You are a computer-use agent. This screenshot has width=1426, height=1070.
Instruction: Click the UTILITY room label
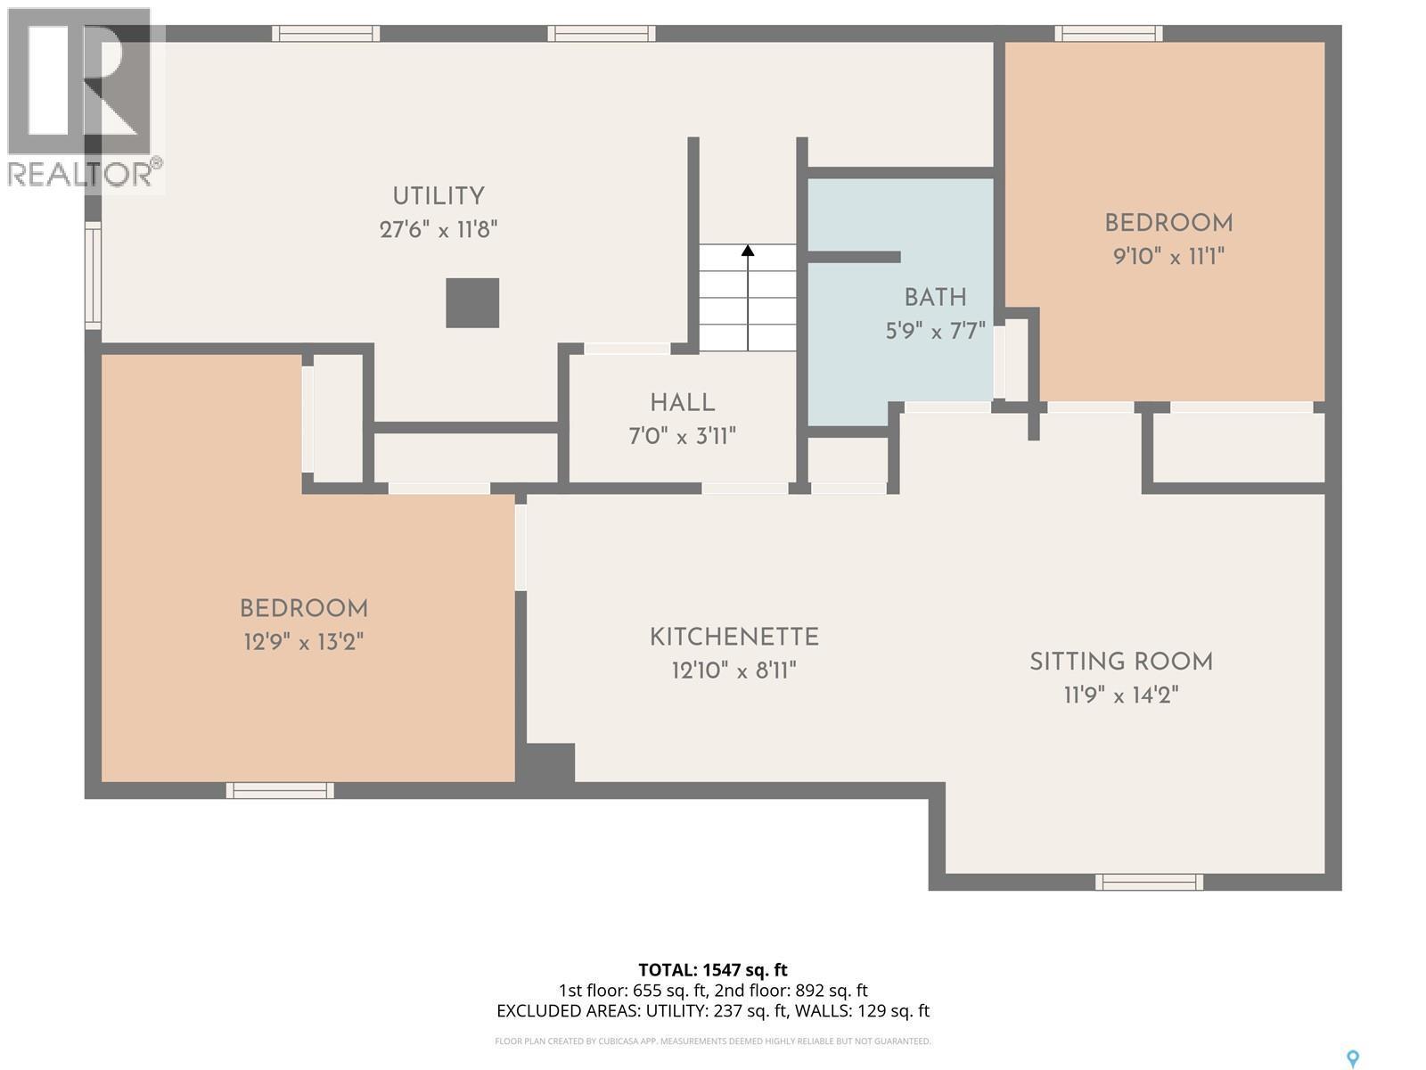(438, 196)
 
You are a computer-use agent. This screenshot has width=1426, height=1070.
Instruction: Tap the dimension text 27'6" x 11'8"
(438, 230)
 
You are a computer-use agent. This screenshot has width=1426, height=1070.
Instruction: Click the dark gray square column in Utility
(472, 303)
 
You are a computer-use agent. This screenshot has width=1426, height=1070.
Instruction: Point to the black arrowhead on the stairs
(748, 251)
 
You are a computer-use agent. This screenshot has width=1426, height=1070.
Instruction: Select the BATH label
(935, 298)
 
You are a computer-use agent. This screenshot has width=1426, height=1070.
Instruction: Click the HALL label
(682, 403)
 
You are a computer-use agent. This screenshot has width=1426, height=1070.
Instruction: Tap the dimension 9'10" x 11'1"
(1168, 258)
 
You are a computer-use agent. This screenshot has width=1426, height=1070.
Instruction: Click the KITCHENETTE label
(733, 638)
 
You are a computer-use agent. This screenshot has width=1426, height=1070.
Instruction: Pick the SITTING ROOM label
(1121, 662)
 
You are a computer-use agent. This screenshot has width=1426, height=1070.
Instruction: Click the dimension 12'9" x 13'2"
(304, 642)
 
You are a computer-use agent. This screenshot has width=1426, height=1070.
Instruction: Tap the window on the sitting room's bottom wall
(1149, 882)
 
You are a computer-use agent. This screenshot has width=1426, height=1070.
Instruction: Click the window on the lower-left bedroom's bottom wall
(280, 790)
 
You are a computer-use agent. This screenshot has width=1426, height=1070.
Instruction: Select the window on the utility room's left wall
(93, 276)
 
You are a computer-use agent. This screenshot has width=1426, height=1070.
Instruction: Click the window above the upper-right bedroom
(1109, 34)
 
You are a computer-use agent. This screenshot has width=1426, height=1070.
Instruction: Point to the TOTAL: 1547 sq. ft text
(713, 970)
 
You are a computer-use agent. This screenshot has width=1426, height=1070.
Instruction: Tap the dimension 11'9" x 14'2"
(1121, 695)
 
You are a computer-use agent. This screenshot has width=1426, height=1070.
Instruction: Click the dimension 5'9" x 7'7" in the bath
(935, 332)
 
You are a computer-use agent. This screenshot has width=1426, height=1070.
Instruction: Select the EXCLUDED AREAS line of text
(713, 1011)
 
